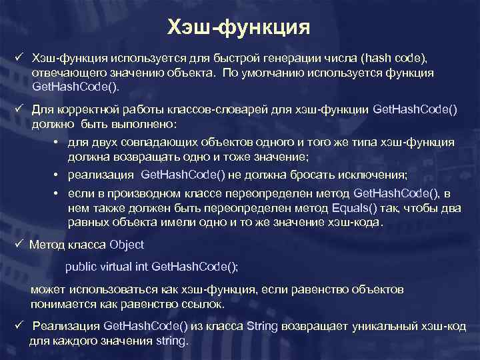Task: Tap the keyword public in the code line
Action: [x=79, y=267]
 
